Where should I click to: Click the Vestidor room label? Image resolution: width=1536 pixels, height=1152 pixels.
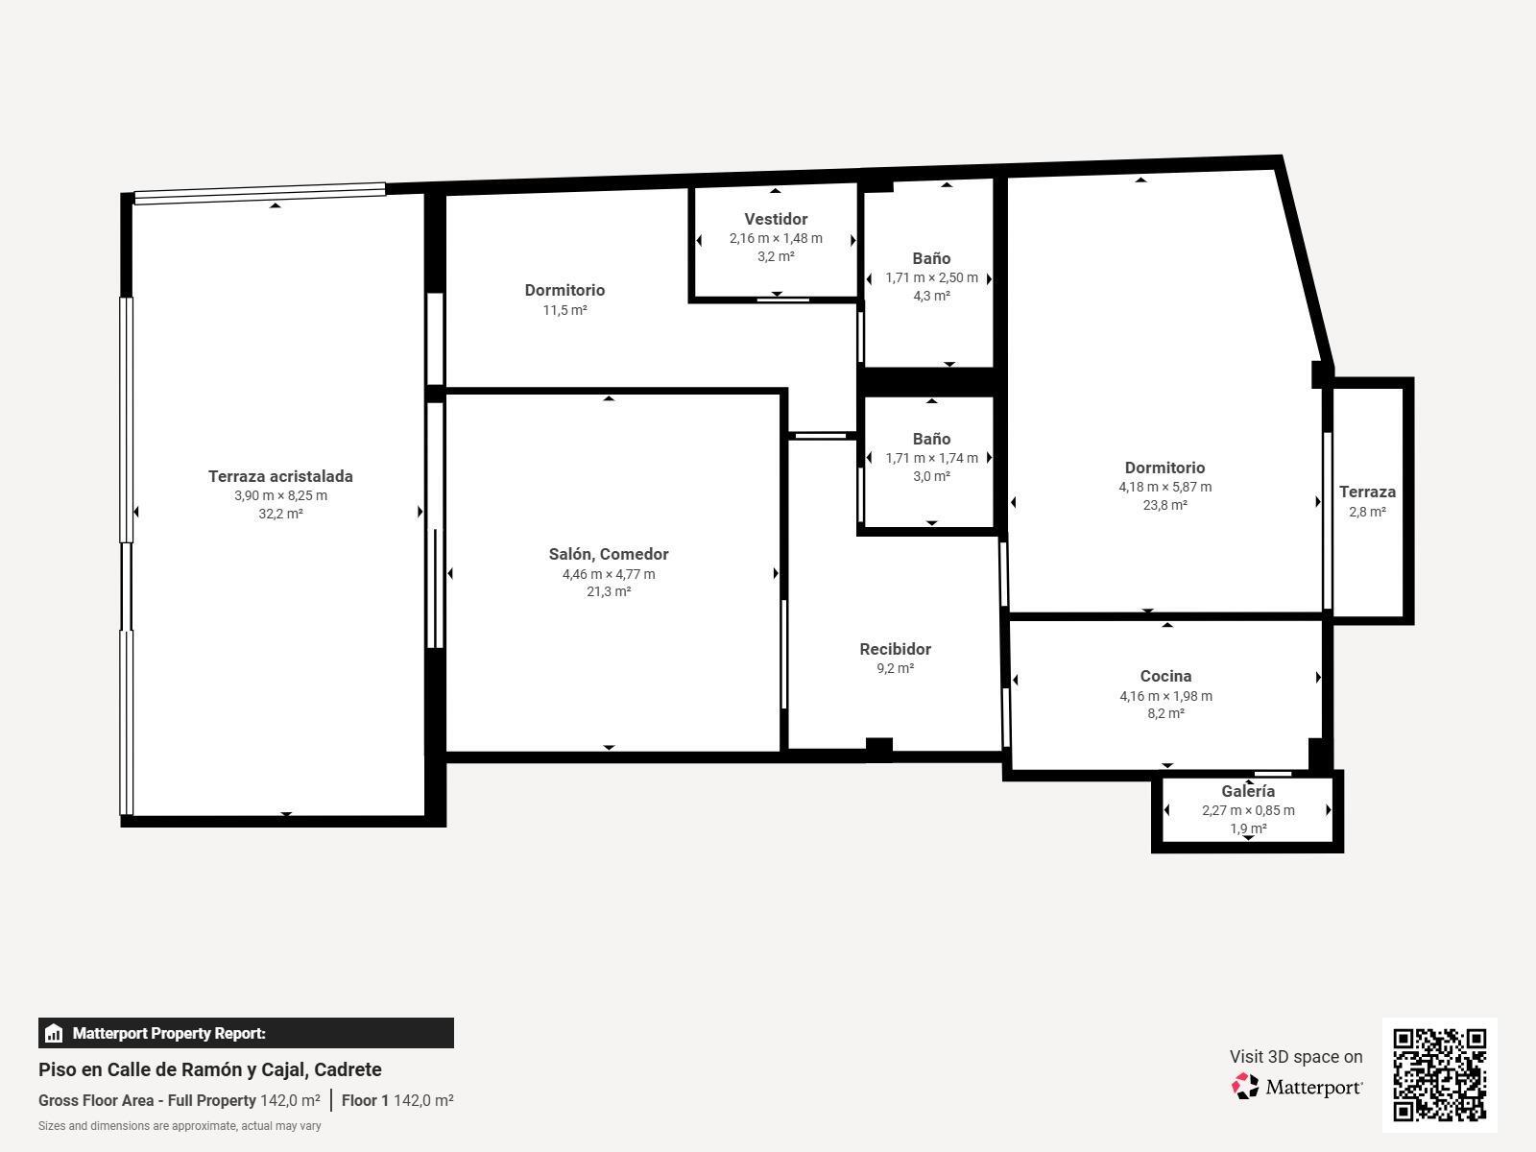click(x=776, y=219)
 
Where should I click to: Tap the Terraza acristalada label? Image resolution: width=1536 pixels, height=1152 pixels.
click(x=280, y=476)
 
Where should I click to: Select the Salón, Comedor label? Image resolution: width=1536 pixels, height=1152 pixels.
click(x=609, y=554)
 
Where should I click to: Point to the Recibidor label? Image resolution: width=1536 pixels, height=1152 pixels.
click(x=895, y=649)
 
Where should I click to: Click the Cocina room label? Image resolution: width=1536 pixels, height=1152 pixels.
click(x=1165, y=677)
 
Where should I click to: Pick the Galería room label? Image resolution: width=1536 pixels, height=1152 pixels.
click(x=1248, y=791)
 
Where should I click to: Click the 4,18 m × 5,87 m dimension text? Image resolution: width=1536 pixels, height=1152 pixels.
click(x=1165, y=487)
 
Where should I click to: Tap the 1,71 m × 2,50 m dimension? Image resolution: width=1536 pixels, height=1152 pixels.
click(x=931, y=277)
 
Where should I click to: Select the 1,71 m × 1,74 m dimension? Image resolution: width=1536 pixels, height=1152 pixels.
click(x=931, y=458)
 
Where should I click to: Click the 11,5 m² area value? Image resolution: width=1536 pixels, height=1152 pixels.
click(x=564, y=310)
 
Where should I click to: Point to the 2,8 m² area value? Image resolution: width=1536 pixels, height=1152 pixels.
click(x=1367, y=512)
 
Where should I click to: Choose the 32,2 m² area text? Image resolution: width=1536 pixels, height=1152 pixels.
click(x=280, y=514)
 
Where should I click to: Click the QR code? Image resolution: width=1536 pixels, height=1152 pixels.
click(x=1439, y=1075)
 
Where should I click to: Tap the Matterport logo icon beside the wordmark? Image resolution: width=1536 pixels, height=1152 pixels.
click(x=1245, y=1087)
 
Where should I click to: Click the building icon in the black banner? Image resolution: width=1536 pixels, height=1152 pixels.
click(x=53, y=1033)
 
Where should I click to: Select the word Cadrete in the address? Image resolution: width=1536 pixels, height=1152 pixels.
click(x=348, y=1070)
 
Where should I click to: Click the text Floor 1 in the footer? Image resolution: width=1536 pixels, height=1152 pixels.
click(x=365, y=1100)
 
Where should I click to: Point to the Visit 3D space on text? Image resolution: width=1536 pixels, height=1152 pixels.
click(x=1296, y=1057)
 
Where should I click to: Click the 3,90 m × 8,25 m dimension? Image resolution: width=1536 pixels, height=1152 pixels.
click(x=280, y=495)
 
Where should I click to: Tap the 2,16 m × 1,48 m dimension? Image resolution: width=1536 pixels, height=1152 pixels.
click(x=776, y=238)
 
